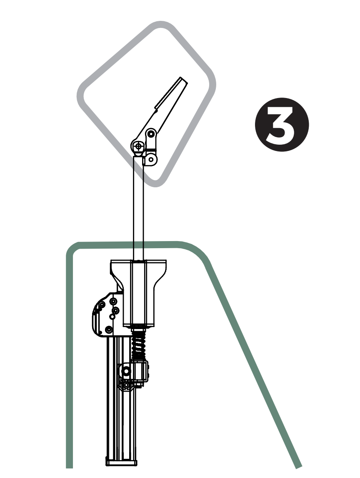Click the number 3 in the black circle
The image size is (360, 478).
pos(281,125)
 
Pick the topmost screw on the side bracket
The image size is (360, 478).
pos(112,301)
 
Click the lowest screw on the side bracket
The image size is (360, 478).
pos(109,330)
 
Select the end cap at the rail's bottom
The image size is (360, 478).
pos(121,462)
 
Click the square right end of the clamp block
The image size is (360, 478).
pos(145,371)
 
